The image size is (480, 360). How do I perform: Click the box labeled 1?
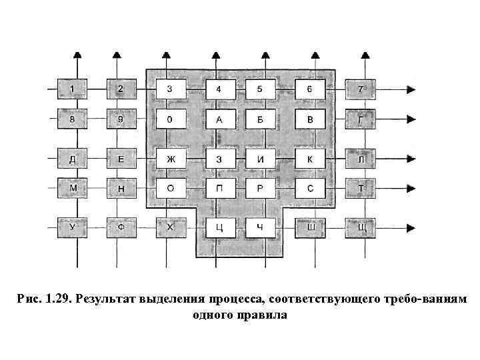coord(72,89)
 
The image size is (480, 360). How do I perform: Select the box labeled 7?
coord(361,89)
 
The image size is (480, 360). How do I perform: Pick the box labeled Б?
coord(261,119)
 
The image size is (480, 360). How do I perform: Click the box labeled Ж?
coord(171,159)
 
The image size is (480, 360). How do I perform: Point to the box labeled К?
coord(311,159)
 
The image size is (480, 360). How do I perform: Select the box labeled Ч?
coord(261,228)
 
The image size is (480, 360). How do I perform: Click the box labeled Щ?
coord(361,228)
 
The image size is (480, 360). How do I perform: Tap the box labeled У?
coord(72,228)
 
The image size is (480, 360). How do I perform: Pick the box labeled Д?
coord(72,159)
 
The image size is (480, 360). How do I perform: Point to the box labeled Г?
coord(361,119)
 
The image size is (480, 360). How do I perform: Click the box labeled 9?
coord(120,119)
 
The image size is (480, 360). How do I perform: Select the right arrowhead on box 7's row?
coord(412,89)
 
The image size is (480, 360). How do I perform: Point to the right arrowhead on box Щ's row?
coord(412,228)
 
